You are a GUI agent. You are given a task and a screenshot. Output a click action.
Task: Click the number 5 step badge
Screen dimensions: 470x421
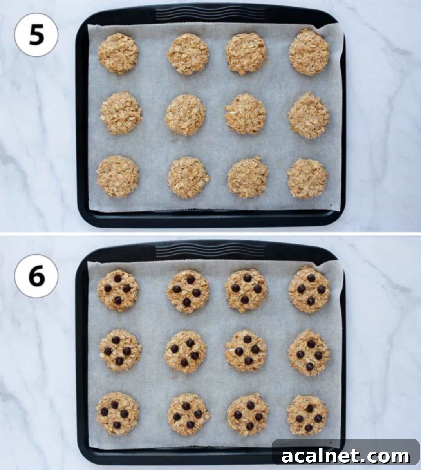(x=36, y=36)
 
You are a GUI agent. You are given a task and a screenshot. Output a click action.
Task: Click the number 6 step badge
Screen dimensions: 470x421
(x=36, y=276)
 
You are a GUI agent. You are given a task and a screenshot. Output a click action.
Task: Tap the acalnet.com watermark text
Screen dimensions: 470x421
(x=345, y=456)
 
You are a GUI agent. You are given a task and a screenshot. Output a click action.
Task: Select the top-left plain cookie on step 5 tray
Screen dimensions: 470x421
(x=118, y=54)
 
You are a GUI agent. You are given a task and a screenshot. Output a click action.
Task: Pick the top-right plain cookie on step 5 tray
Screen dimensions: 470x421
(x=309, y=52)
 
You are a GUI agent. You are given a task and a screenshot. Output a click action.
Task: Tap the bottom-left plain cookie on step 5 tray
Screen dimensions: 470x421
(x=117, y=176)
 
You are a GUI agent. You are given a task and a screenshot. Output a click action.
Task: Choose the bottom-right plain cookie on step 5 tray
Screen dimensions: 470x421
(x=307, y=179)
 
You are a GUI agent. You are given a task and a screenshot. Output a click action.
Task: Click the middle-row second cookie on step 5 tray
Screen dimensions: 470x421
(x=186, y=115)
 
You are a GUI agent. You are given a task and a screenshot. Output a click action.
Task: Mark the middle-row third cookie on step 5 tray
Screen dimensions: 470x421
(x=246, y=114)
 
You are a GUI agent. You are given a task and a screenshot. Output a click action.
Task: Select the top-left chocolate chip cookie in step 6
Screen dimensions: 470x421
(x=118, y=290)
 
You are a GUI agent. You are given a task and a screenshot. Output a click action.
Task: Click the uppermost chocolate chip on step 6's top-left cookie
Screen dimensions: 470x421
(x=117, y=278)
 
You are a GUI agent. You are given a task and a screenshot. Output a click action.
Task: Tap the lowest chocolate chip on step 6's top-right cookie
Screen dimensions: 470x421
(x=310, y=301)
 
